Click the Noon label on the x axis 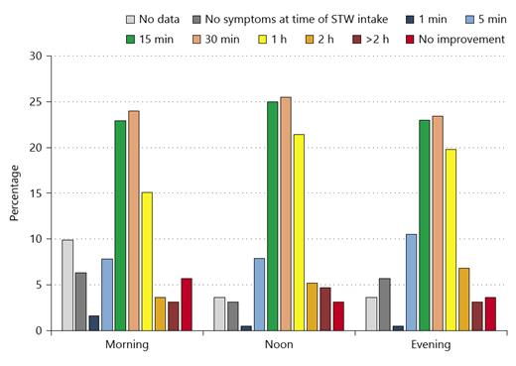coord(280,346)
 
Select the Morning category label coord(127,346)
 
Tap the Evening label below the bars coord(432,346)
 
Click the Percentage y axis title coord(15,193)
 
